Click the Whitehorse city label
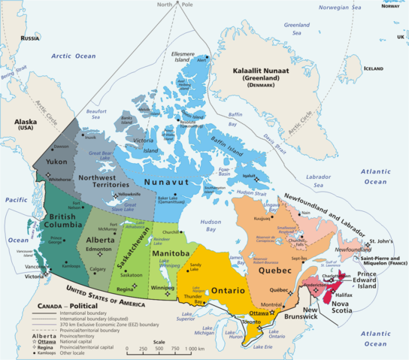(x=59, y=180)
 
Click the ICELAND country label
(x=373, y=68)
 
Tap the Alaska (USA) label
(x=20, y=124)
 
